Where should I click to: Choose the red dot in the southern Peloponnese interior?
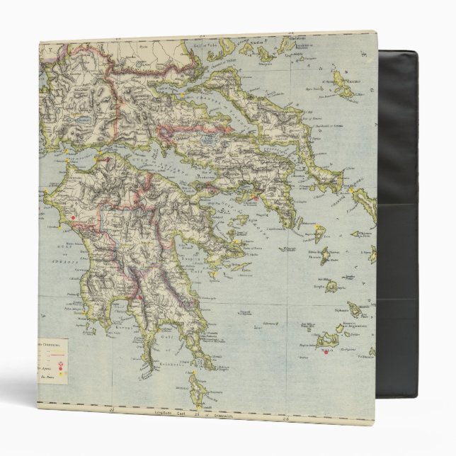(x=142, y=298)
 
